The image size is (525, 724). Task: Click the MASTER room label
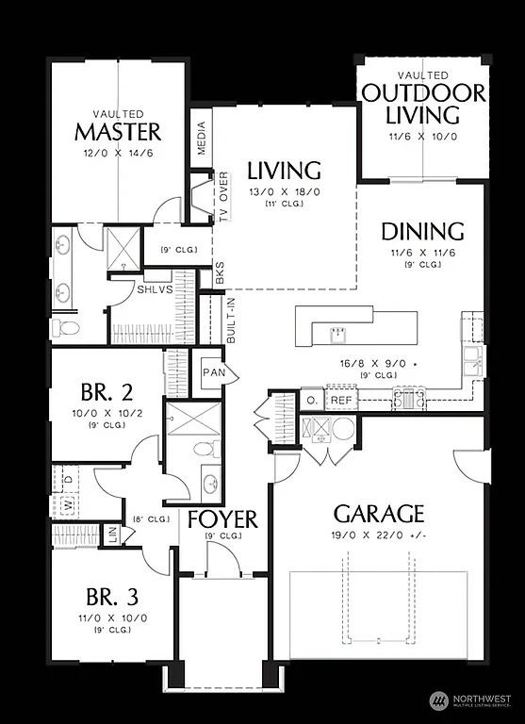click(118, 131)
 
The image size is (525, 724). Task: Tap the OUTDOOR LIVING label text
click(423, 104)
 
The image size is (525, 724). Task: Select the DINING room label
click(422, 231)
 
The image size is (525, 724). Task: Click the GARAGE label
click(378, 514)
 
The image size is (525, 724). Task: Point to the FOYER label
click(222, 519)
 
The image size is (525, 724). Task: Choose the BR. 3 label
click(112, 597)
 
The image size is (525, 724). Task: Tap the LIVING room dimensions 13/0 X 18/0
click(284, 192)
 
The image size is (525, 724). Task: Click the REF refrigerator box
click(341, 401)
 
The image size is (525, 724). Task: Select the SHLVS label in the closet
click(154, 288)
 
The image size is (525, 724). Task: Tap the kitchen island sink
click(336, 334)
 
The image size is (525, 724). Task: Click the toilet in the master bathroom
click(66, 327)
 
